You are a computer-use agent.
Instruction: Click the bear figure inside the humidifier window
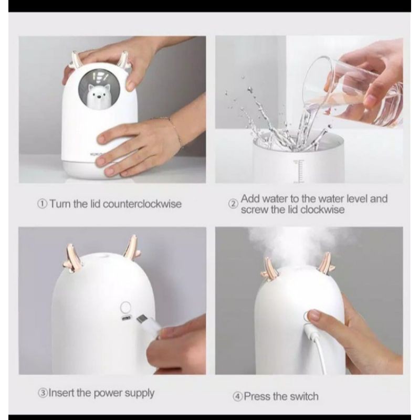click(96, 97)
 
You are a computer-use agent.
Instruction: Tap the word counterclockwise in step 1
click(142, 204)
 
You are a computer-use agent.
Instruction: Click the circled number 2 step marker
click(233, 204)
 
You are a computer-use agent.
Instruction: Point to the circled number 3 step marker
click(43, 393)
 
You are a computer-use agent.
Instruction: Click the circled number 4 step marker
click(238, 396)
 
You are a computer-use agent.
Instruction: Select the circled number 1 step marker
click(43, 204)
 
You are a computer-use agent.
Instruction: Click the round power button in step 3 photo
click(125, 307)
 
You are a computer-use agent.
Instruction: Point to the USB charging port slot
click(126, 318)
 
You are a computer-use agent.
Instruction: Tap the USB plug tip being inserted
click(142, 319)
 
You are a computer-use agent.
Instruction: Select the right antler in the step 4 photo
click(324, 262)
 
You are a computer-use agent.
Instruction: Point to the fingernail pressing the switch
click(313, 314)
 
